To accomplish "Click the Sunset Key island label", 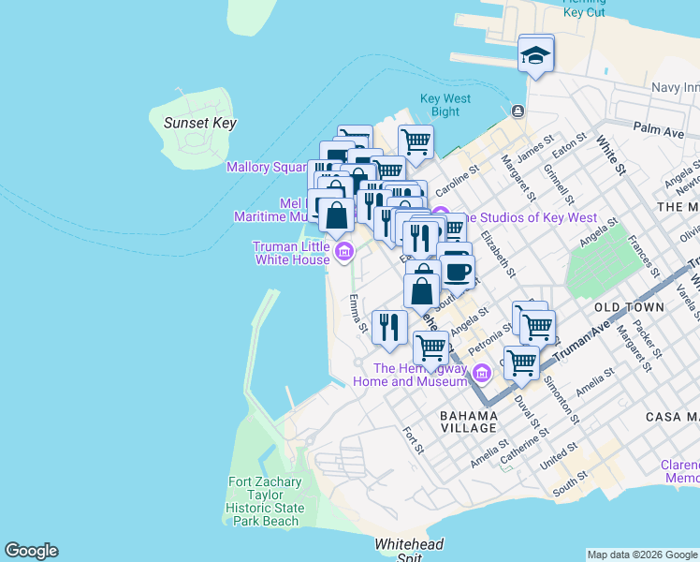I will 199,123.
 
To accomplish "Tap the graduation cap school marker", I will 536,54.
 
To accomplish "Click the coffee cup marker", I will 457,271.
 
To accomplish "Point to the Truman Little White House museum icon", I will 343,251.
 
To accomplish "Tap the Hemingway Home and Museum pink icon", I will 481,375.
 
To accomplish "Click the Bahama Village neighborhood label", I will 469,421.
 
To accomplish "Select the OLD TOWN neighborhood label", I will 629,306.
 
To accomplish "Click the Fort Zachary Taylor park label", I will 265,501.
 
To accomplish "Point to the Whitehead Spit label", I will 409,550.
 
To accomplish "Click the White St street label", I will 610,155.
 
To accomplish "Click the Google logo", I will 31,551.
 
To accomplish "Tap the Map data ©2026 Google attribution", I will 641,555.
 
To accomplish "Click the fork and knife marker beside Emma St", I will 388,327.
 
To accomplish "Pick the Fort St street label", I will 413,441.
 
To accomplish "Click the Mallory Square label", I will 267,167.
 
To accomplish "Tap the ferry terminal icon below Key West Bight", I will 517,111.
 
